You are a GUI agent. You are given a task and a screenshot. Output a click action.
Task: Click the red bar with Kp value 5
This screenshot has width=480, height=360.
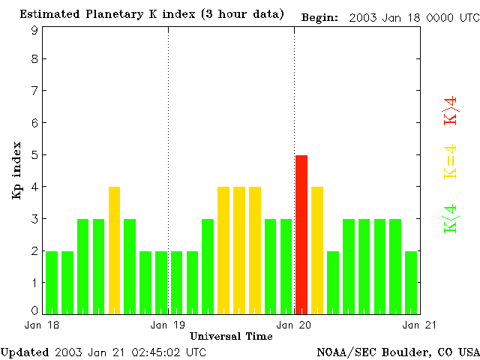[x=301, y=234]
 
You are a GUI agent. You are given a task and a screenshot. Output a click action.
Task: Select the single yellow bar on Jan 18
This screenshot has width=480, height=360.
[x=114, y=250]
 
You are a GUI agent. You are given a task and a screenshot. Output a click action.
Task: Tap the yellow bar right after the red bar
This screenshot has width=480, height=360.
[x=317, y=250]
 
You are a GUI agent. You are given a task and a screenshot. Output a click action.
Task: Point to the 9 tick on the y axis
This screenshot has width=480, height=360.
[x=34, y=30]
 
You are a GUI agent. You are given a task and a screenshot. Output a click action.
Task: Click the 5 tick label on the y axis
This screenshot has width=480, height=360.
[x=34, y=155]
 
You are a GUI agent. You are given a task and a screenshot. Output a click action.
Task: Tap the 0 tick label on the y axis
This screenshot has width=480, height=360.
[x=34, y=310]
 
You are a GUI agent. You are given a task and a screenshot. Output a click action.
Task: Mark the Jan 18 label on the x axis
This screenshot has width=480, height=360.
[x=38, y=325]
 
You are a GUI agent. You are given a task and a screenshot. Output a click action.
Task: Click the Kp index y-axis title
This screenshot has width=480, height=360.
[x=16, y=170]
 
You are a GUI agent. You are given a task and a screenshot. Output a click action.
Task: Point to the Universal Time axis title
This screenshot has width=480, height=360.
[x=231, y=336]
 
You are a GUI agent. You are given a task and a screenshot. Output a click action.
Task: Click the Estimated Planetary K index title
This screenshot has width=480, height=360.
[x=152, y=15]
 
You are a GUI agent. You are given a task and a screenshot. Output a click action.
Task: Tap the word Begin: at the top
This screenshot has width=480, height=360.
[x=320, y=16]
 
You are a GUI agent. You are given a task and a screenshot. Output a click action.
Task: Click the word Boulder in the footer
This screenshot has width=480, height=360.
[x=406, y=352]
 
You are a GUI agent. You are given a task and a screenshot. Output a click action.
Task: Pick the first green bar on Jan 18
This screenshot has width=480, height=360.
[x=52, y=282]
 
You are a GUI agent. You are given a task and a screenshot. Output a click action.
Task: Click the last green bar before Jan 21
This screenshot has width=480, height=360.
[x=411, y=282]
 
